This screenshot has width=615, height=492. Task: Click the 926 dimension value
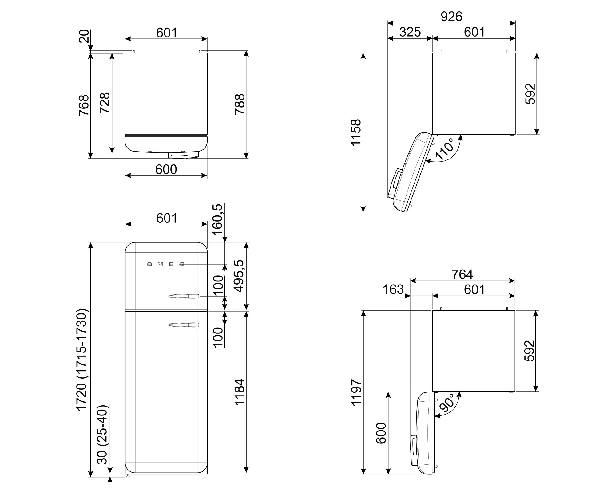[x=451, y=17]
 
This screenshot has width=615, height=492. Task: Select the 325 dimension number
[x=410, y=32]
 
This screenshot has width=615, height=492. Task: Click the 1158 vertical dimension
[x=356, y=132]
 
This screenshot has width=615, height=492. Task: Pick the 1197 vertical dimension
[x=356, y=392]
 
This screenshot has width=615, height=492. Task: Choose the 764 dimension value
[x=462, y=274]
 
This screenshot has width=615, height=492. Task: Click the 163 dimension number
[x=393, y=289]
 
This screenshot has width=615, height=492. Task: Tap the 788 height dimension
[x=240, y=104]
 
